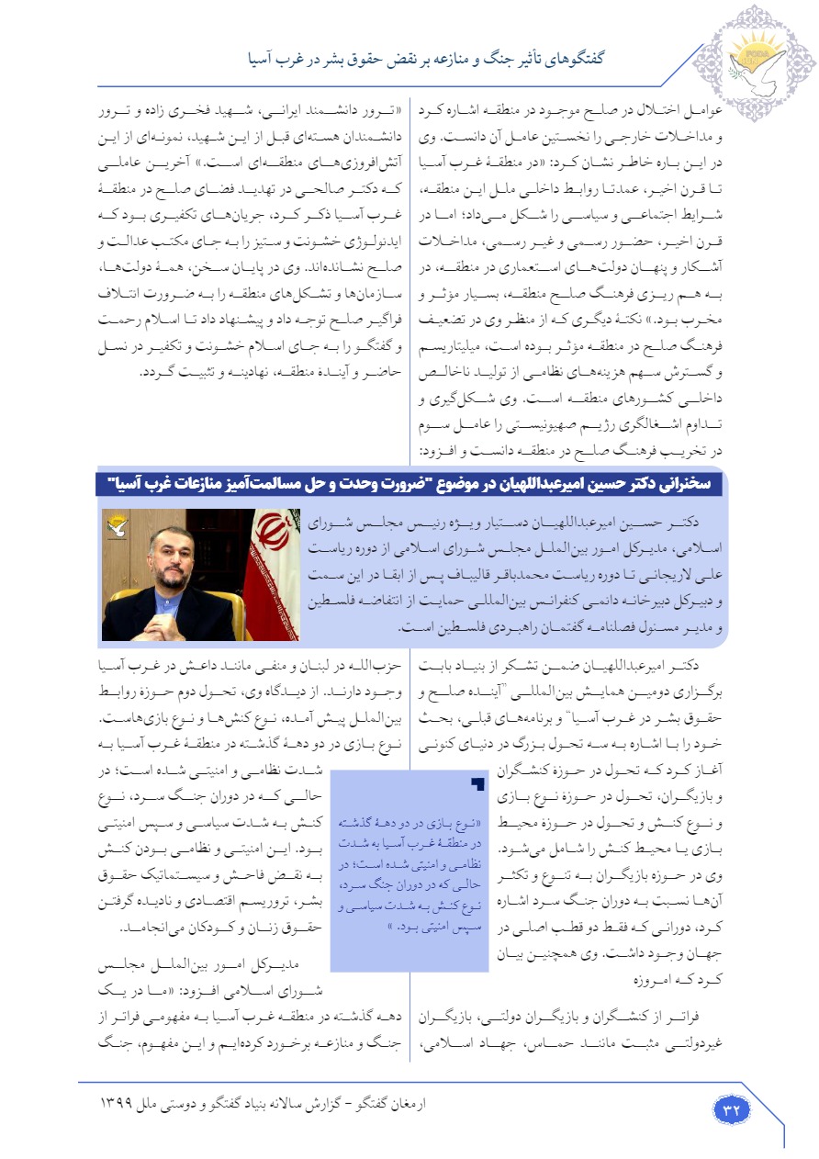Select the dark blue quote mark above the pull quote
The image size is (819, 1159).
476,782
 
